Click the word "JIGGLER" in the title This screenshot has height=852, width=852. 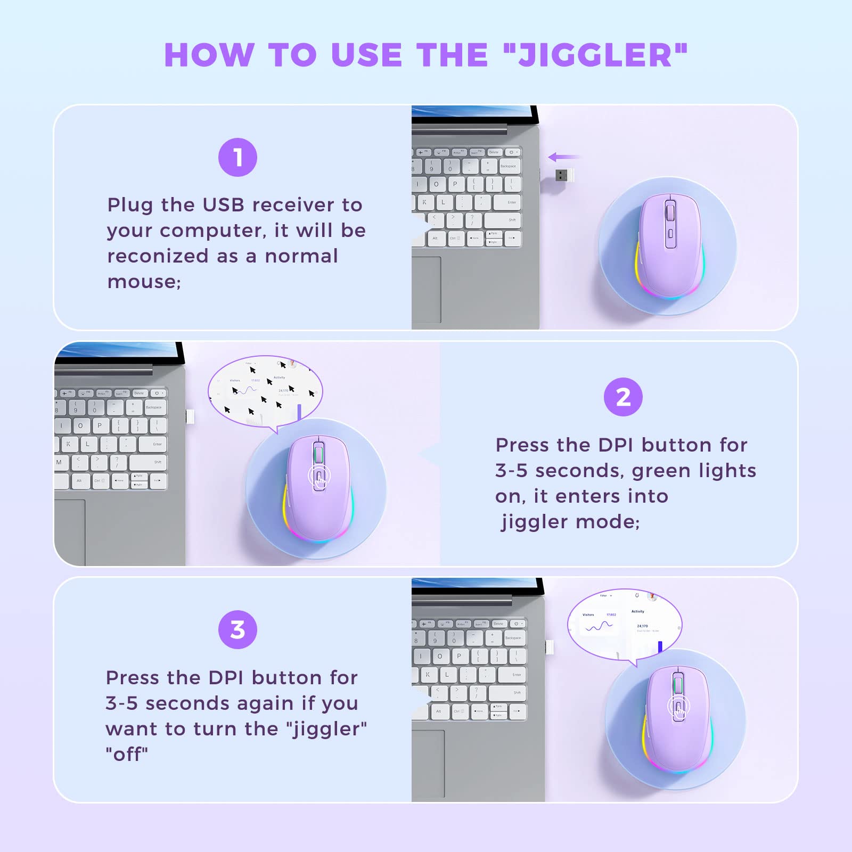[595, 55]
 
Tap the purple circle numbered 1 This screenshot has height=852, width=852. [237, 158]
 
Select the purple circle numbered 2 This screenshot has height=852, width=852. [623, 397]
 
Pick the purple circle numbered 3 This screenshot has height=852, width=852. [237, 629]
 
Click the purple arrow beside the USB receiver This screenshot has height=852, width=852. [563, 157]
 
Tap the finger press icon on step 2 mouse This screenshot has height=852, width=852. [319, 477]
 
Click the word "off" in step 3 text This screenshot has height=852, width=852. [127, 755]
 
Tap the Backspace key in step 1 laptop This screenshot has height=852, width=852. [508, 167]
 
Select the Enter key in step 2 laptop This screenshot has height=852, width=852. [157, 444]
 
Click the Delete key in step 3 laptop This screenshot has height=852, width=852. [498, 624]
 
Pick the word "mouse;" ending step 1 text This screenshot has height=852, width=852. [144, 282]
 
